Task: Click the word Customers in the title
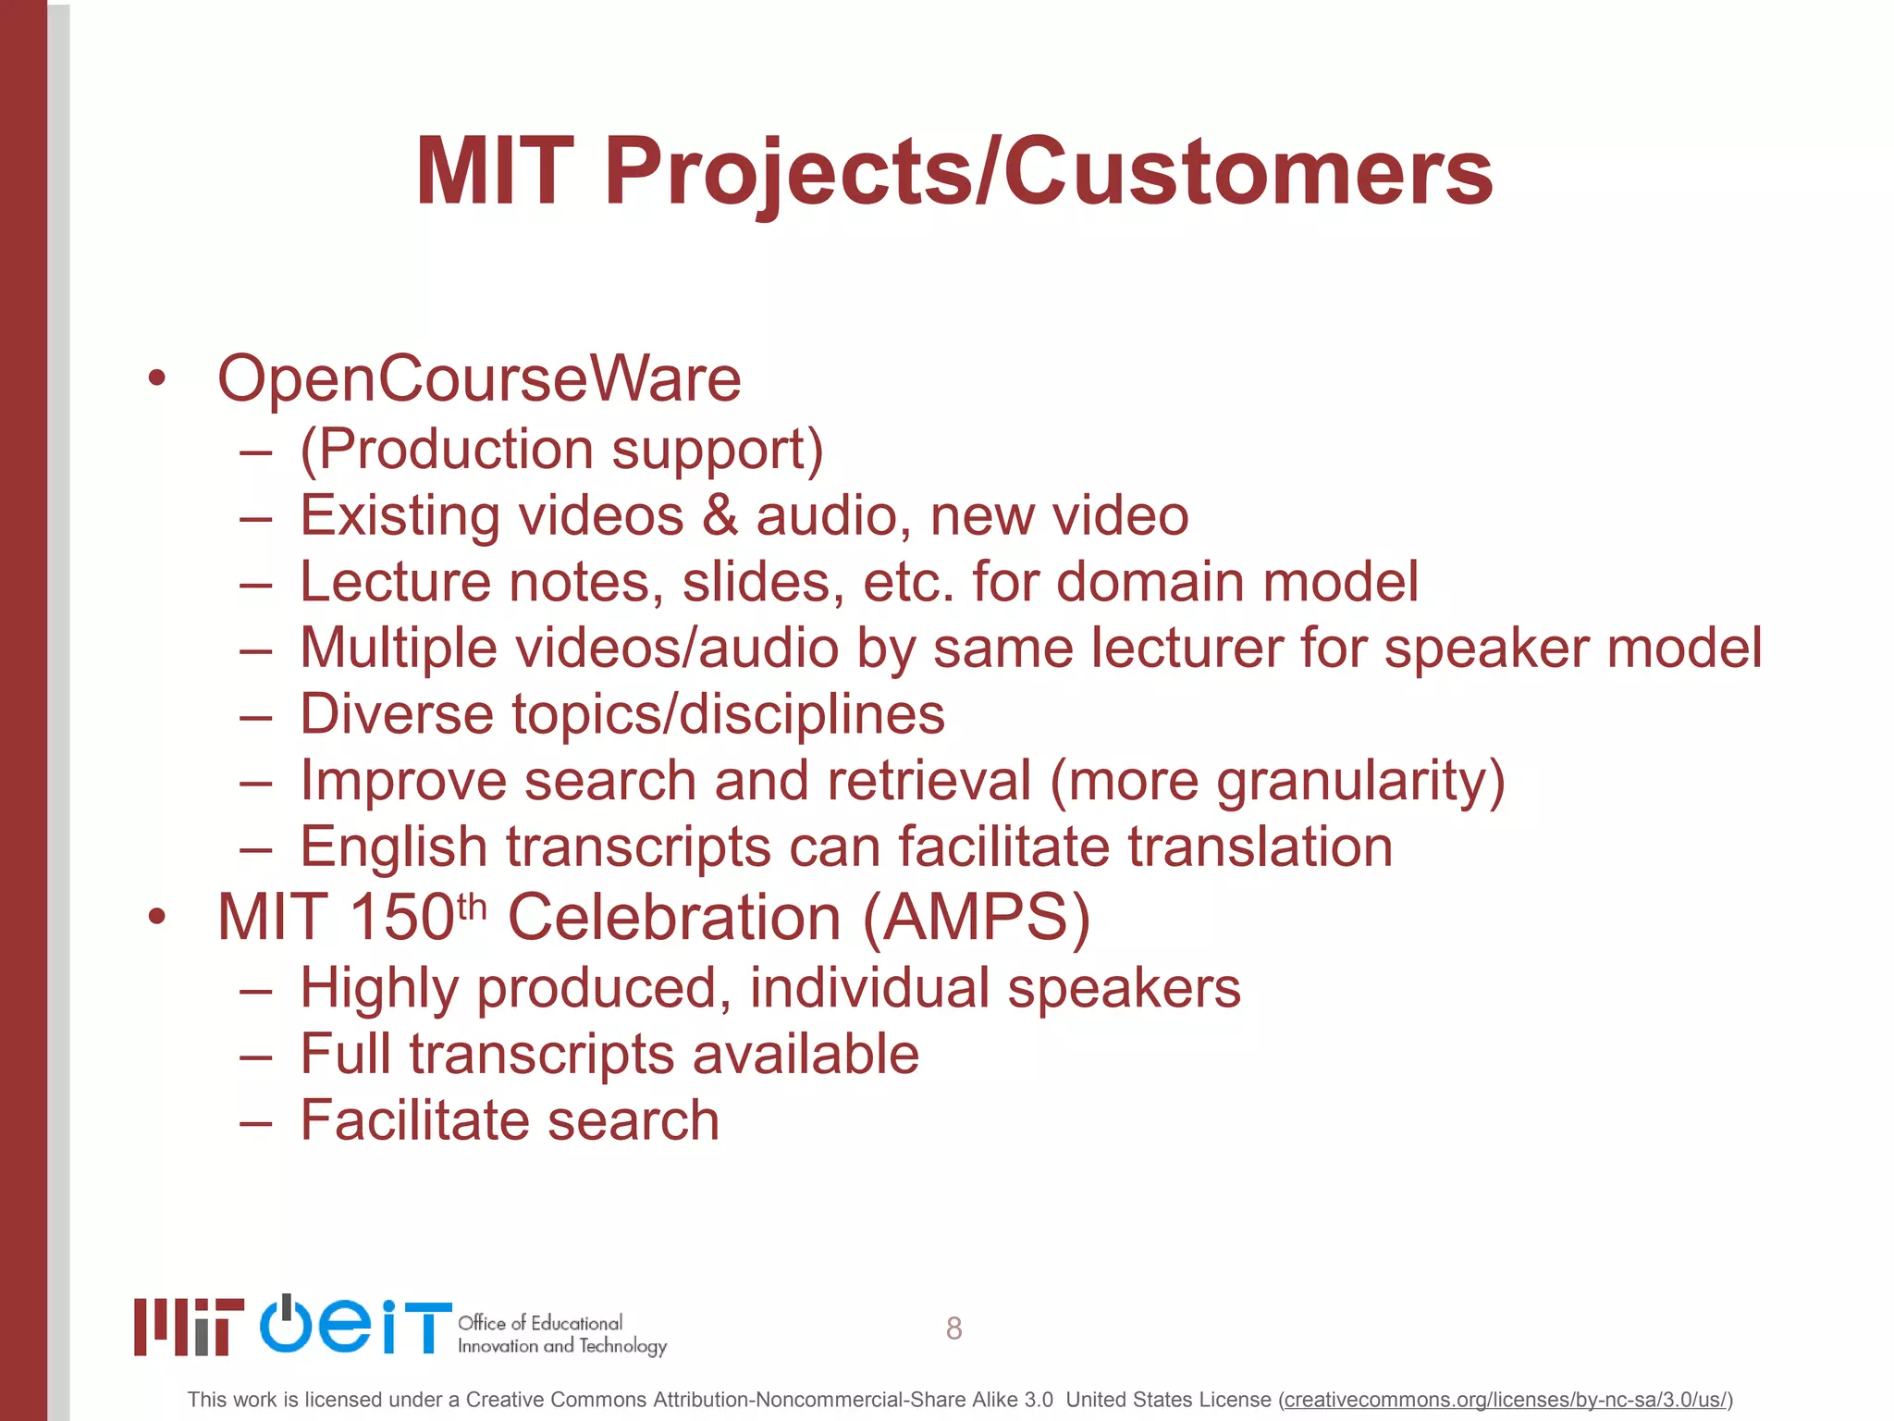pos(1248,172)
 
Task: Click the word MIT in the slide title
pos(495,172)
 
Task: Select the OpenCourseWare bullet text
pos(479,379)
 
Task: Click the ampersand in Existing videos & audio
pos(720,515)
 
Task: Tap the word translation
pos(1261,846)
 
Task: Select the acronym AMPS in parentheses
pos(977,918)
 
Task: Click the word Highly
pos(379,988)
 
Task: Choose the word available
pos(805,1054)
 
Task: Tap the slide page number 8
pos(953,1328)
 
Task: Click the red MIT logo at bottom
pos(189,1327)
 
